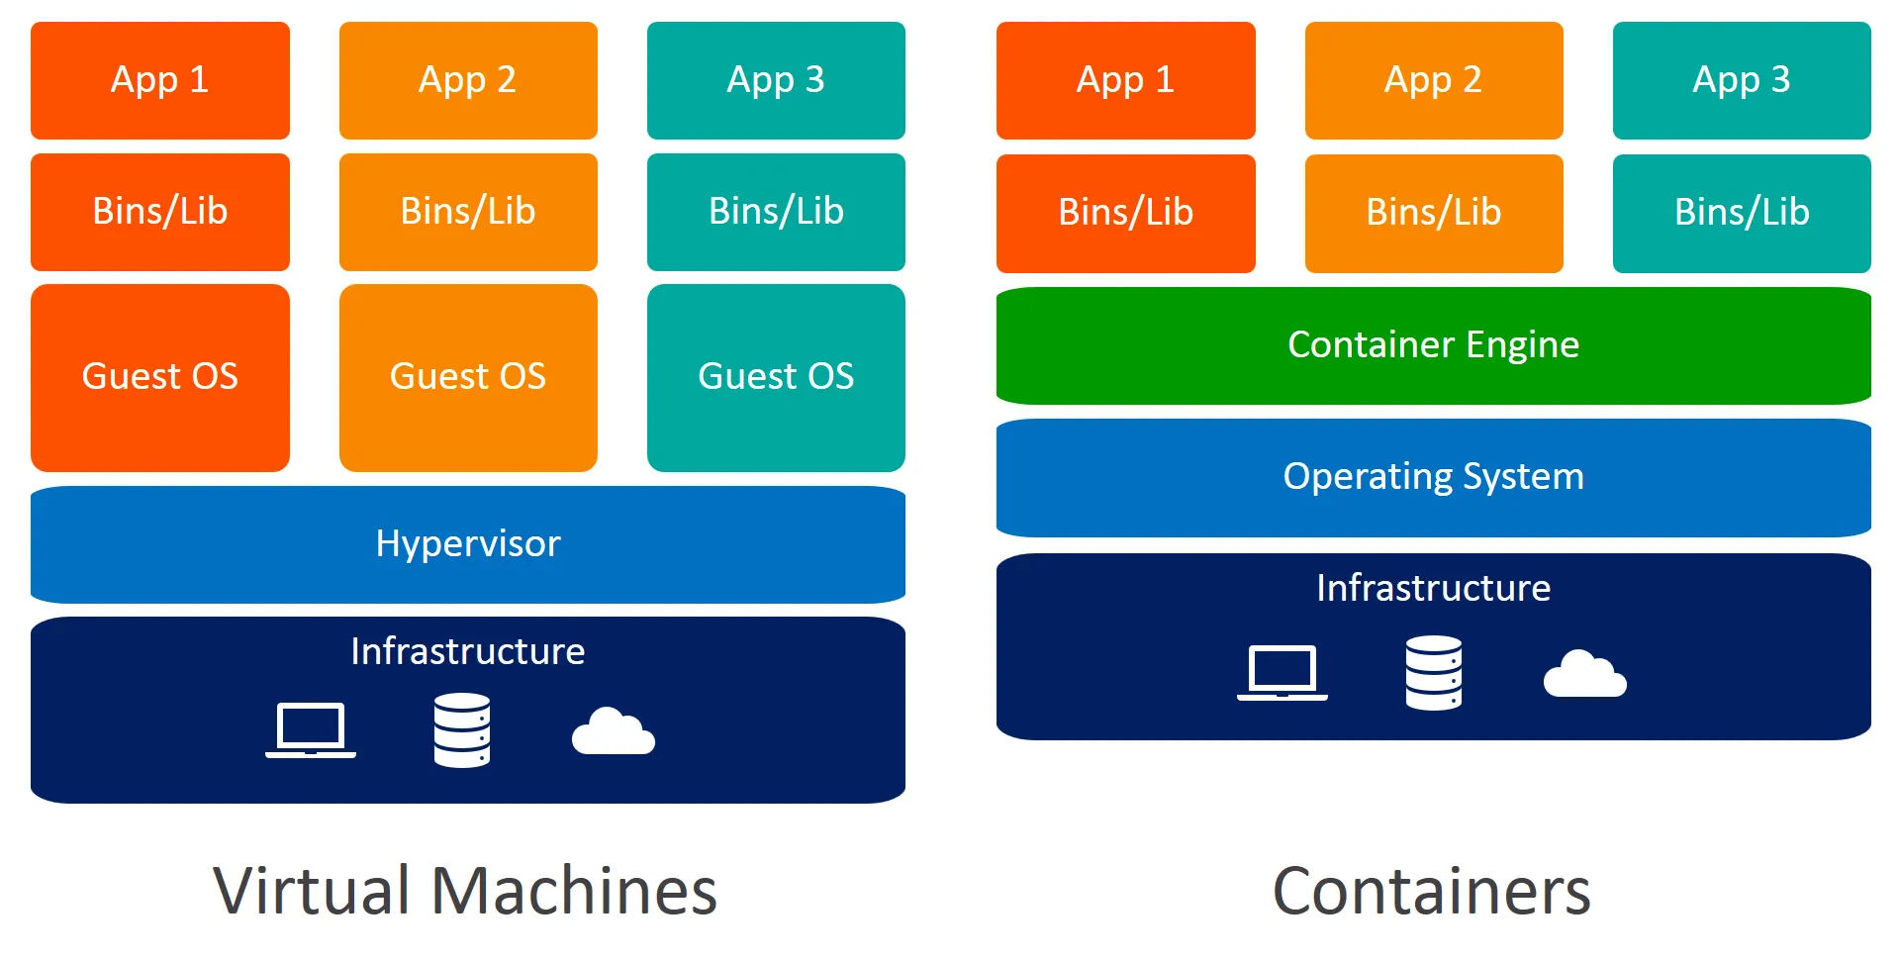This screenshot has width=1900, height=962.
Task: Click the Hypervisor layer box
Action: coord(467,544)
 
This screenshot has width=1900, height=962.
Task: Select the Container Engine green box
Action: coord(1433,345)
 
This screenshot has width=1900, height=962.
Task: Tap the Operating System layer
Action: coord(1433,477)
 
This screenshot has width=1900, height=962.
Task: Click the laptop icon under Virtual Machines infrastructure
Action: coord(311,730)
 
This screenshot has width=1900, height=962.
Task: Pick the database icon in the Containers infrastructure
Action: coord(1433,673)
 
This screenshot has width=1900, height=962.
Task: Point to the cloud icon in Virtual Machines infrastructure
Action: coord(613,732)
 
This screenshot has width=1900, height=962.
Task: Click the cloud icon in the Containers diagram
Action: coord(1584,675)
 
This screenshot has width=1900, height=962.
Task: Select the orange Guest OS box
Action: coord(467,377)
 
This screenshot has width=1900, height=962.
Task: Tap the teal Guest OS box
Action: coord(776,377)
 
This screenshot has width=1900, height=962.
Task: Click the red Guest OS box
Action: coord(159,377)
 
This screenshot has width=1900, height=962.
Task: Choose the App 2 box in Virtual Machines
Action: coord(467,80)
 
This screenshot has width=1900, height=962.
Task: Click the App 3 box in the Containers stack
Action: coord(1742,80)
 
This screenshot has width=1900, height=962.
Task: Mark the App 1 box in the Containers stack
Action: coord(1125,80)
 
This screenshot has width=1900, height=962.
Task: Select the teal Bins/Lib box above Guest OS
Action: coord(776,212)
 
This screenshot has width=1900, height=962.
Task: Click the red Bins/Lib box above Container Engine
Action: coord(1125,213)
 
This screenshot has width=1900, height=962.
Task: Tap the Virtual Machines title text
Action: coord(464,891)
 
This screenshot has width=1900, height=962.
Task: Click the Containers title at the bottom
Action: coord(1431,891)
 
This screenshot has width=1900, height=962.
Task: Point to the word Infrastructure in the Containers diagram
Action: coord(1433,588)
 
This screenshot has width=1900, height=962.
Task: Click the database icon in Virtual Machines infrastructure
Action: coord(461,730)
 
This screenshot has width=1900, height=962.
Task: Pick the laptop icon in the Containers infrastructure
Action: coord(1282,673)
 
